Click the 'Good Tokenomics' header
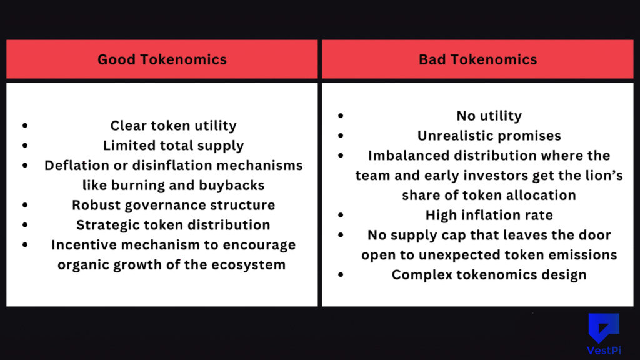point(162,59)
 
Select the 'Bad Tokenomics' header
point(477,59)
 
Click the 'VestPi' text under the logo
point(603,351)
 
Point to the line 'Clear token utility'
point(173,126)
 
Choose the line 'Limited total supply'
point(173,146)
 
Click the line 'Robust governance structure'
point(173,205)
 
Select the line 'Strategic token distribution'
point(173,225)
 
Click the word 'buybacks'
point(234,185)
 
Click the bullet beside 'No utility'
point(341,116)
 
